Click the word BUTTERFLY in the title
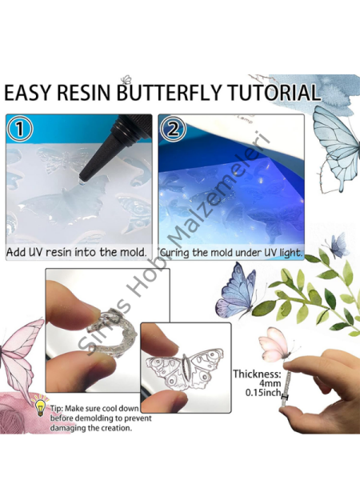(x=162, y=93)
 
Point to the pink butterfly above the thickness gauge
(x=274, y=344)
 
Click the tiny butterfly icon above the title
(x=126, y=78)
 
